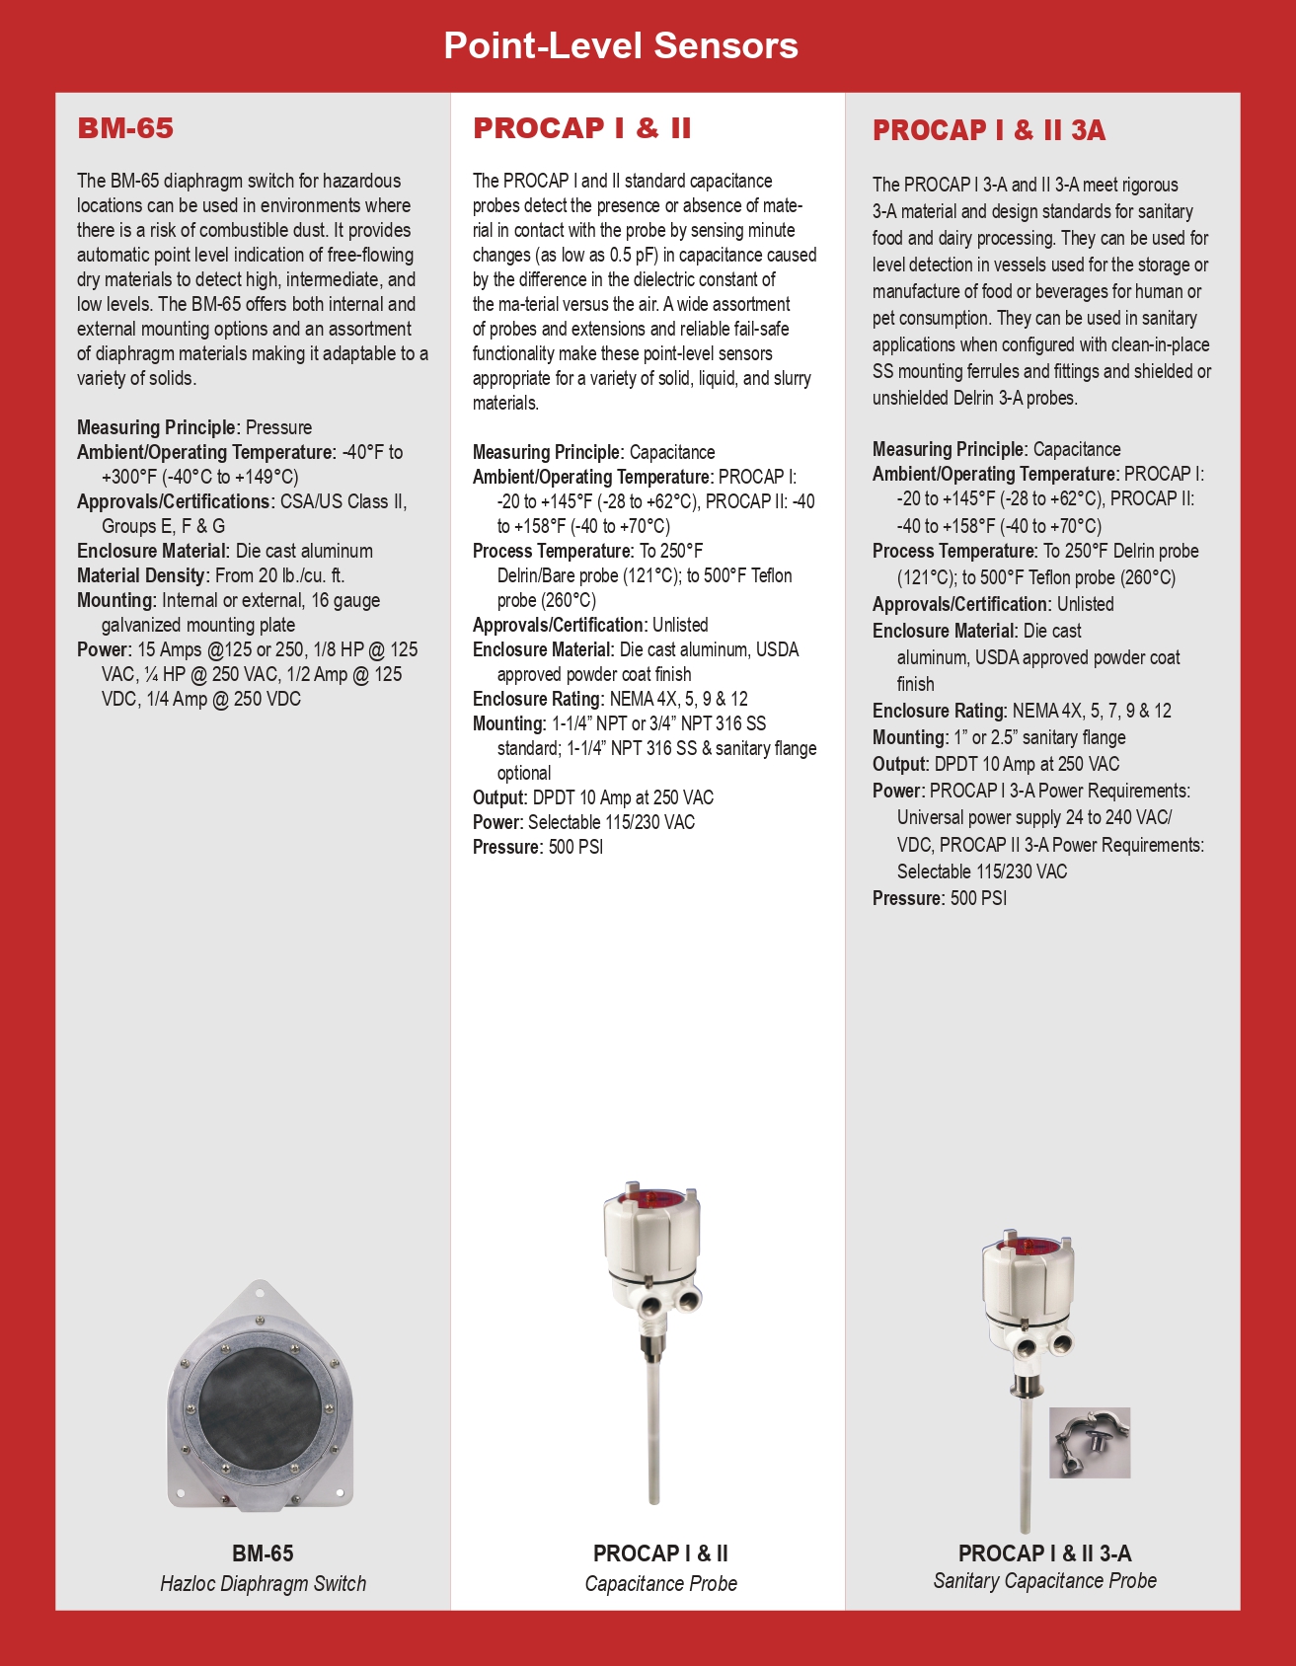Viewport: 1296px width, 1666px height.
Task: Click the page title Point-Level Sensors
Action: click(x=621, y=45)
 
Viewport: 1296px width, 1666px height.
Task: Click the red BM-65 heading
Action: click(x=125, y=128)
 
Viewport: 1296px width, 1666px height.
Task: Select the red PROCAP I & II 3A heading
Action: click(x=989, y=130)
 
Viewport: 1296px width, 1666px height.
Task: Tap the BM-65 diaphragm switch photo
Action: click(x=261, y=1396)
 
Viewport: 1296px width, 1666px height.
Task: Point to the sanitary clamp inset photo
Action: click(x=1089, y=1443)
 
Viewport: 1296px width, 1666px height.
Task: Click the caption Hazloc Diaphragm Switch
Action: click(x=263, y=1584)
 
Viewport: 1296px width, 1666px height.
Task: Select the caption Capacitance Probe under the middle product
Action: click(x=660, y=1584)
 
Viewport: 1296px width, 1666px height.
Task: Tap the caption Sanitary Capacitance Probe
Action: click(x=1044, y=1581)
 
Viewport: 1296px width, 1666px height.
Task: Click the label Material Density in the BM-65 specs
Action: click(x=142, y=575)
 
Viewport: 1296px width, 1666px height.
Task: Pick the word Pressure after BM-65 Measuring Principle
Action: click(x=278, y=427)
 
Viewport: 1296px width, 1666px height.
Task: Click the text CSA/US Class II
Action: click(x=343, y=501)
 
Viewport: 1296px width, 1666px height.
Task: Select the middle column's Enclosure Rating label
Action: click(x=536, y=699)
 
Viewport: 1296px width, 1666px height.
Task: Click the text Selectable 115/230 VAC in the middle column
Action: click(x=611, y=822)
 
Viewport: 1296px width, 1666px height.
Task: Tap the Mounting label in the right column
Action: click(x=909, y=737)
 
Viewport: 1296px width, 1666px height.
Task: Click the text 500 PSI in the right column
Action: click(x=978, y=898)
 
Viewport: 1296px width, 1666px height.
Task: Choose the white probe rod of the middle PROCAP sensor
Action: click(x=652, y=1421)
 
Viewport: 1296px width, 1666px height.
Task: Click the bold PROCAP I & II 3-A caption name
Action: click(x=1044, y=1553)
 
